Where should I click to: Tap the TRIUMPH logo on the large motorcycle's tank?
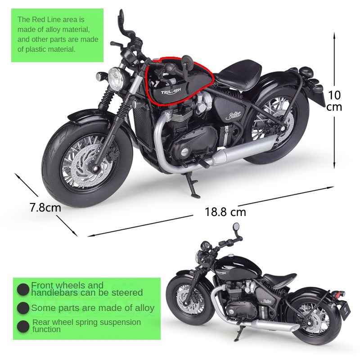(x=171, y=91)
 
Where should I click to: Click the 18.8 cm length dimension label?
(x=225, y=211)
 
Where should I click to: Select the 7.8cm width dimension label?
(x=45, y=207)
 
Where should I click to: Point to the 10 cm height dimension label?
(x=334, y=101)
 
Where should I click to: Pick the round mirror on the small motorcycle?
(x=236, y=227)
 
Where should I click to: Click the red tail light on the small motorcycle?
(x=337, y=294)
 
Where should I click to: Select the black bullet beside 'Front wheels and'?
(x=23, y=289)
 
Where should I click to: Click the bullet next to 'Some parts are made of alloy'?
(x=23, y=308)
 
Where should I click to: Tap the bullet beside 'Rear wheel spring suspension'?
(x=23, y=326)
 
